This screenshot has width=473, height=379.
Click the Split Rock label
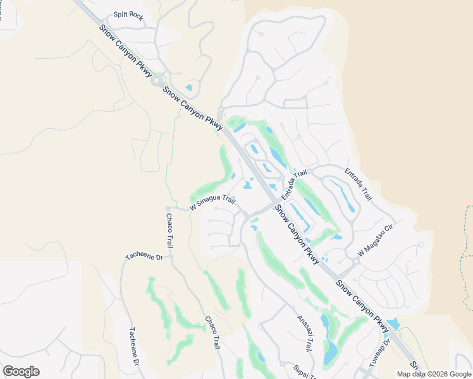click(x=128, y=15)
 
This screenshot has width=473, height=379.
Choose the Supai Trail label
click(x=304, y=371)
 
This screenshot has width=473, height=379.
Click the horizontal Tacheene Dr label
click(x=144, y=256)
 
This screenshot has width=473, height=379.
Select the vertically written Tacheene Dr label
click(x=133, y=346)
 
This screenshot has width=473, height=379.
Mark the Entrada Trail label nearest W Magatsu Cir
click(x=358, y=184)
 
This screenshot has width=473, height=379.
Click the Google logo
click(x=21, y=371)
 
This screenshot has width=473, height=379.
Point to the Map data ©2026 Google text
click(x=433, y=374)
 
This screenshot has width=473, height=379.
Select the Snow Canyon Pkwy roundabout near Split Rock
click(x=156, y=81)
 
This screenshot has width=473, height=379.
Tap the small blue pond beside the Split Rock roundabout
click(x=188, y=88)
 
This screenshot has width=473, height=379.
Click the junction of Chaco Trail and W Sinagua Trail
click(x=168, y=208)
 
